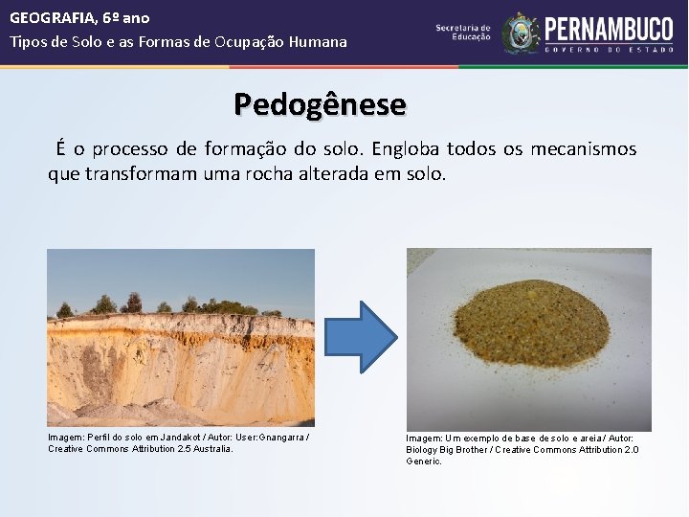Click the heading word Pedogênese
pos(320,103)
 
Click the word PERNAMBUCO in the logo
pos(609,30)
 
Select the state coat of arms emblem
pos(521,34)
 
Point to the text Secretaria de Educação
pos(463,33)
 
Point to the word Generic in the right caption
pos(423,461)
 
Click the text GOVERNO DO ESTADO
pos(609,50)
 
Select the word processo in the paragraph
pos(132,149)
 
